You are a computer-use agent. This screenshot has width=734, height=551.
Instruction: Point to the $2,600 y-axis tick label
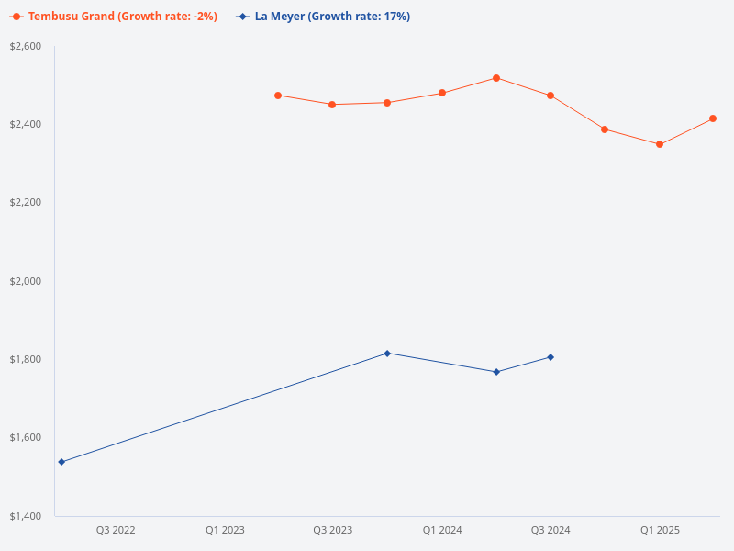26,46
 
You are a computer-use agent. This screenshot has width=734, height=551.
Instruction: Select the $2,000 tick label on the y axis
26,281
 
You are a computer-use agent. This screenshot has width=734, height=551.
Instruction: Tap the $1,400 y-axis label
26,516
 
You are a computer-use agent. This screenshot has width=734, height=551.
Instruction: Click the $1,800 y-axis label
26,359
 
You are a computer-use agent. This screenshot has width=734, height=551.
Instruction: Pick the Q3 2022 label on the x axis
116,530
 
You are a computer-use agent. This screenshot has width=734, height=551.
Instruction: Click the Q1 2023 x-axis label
225,530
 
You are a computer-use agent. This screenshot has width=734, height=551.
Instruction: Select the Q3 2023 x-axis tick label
333,530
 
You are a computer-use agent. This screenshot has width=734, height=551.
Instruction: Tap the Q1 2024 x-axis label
442,530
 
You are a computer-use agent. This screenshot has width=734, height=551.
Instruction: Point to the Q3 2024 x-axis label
550,530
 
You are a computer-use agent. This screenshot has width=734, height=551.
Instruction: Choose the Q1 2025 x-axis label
660,530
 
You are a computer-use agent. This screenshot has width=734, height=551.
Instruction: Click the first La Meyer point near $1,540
61,462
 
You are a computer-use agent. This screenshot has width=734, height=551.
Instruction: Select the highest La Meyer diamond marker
387,354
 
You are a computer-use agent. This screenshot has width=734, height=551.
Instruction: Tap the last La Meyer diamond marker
550,357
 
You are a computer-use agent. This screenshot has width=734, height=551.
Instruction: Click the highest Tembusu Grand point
496,78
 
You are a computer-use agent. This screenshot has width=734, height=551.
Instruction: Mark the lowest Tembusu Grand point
660,144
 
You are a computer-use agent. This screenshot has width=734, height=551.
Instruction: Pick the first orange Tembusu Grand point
278,96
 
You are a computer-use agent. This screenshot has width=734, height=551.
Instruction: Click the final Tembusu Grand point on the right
713,118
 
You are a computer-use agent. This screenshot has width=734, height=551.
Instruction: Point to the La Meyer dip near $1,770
496,372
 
